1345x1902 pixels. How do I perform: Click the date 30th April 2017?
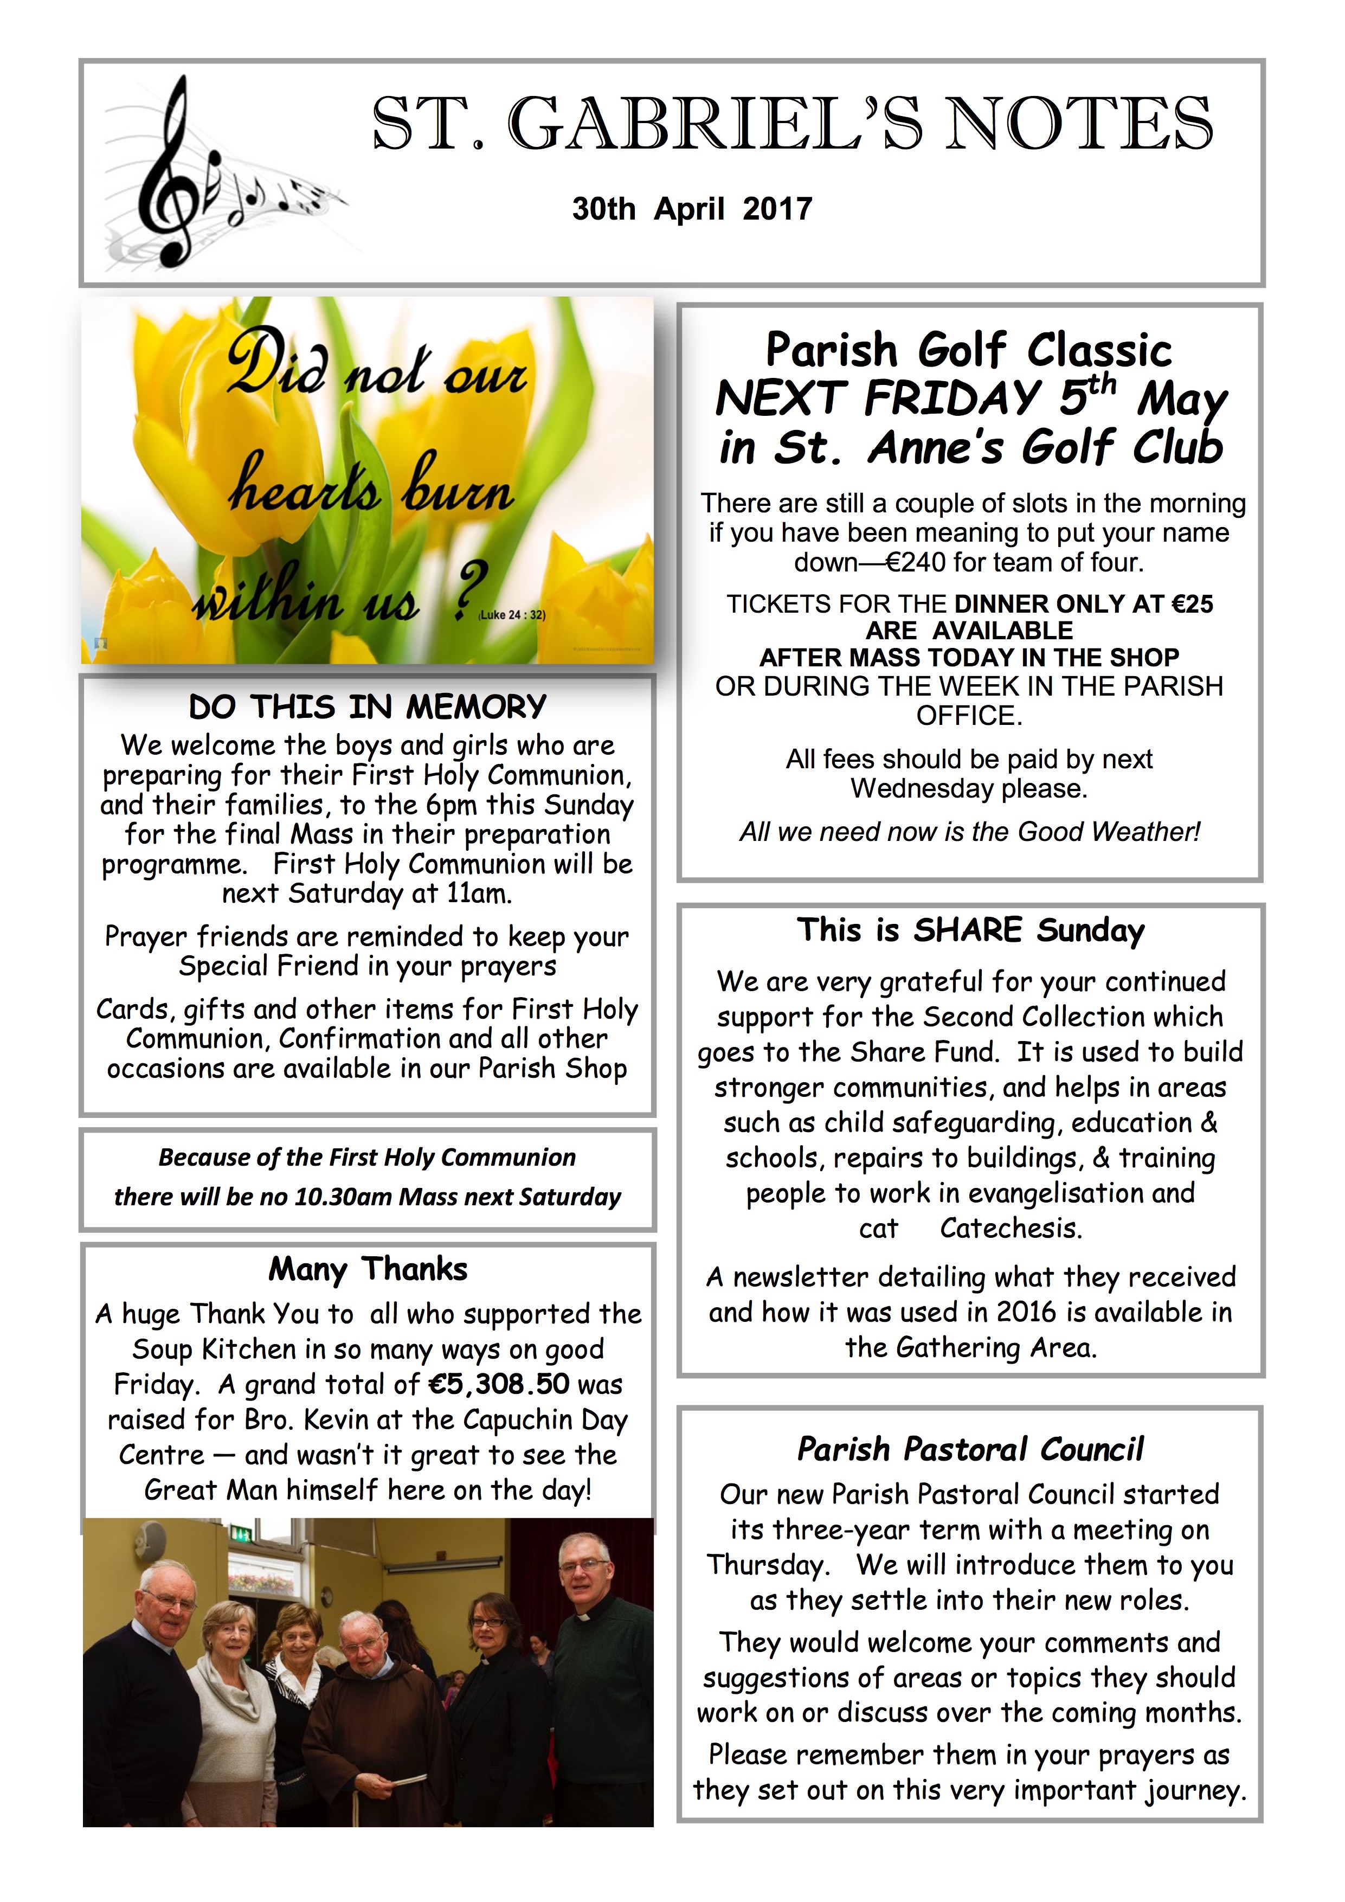coord(692,209)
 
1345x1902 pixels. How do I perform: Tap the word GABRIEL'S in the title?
coord(715,124)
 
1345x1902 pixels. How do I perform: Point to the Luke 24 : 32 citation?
coord(512,615)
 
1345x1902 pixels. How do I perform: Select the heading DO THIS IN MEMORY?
coord(368,706)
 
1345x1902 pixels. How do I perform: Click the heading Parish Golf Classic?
coord(968,350)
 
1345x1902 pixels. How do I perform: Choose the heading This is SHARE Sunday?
coord(970,930)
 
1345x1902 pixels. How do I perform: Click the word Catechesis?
coord(1011,1228)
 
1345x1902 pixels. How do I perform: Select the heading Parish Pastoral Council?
coord(970,1449)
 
